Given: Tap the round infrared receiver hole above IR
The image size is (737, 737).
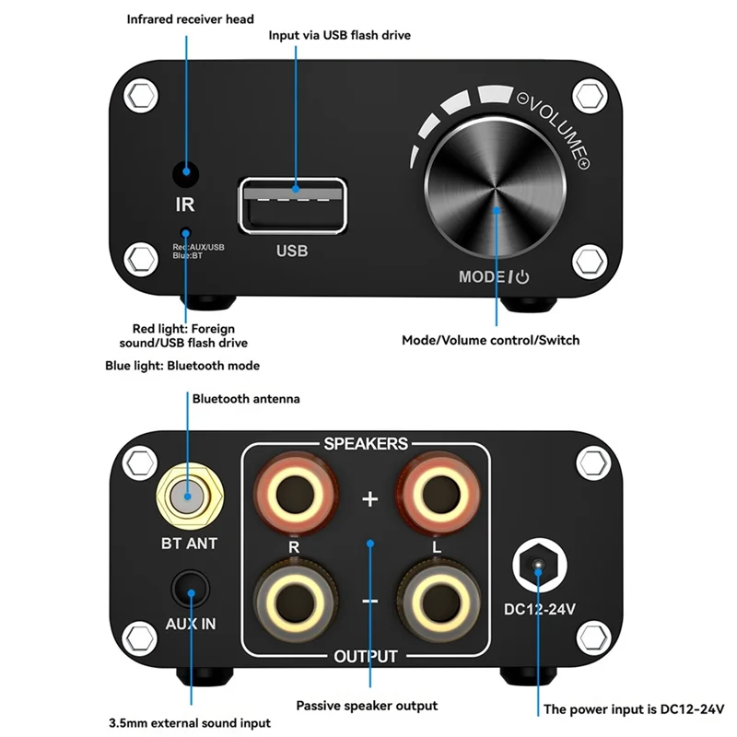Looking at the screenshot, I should pyautogui.click(x=186, y=172).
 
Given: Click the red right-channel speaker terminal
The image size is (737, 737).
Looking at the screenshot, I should pyautogui.click(x=292, y=498).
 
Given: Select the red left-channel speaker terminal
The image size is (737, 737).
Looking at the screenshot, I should pyautogui.click(x=445, y=498).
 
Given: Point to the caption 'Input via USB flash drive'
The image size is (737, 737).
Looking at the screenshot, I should pyautogui.click(x=339, y=35).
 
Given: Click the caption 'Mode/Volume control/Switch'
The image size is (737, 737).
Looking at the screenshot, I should pyautogui.click(x=490, y=341).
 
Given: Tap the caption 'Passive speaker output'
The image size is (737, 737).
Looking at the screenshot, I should pyautogui.click(x=367, y=706).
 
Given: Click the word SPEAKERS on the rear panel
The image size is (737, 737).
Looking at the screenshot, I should pyautogui.click(x=366, y=444).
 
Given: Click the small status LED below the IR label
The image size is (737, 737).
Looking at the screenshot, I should pyautogui.click(x=186, y=233).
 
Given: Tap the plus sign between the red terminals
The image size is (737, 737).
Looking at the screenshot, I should pyautogui.click(x=369, y=499).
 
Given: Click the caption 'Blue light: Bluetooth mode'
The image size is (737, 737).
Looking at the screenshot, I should pyautogui.click(x=182, y=366).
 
